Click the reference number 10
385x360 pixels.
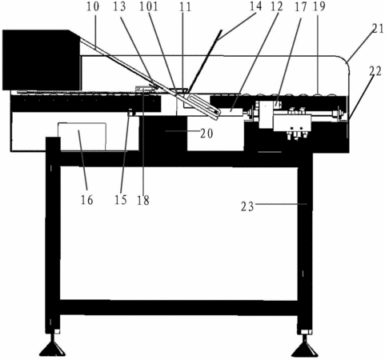click(93, 6)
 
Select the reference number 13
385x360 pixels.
click(119, 6)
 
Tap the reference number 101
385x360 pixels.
click(149, 6)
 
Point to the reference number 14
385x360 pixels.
click(255, 6)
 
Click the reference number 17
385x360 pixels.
click(301, 7)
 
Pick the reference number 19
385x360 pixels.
click(319, 6)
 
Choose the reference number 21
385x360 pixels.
click(378, 29)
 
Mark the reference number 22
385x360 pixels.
click(375, 71)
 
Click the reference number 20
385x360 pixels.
click(207, 134)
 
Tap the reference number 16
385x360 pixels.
click(87, 200)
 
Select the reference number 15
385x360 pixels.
click(121, 200)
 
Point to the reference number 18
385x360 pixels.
click(143, 200)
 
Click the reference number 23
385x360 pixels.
click(247, 206)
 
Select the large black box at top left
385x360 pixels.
click(41, 60)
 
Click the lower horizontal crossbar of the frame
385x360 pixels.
click(178, 307)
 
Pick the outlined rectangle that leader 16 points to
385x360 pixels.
click(82, 137)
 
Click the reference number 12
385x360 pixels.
click(276, 6)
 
